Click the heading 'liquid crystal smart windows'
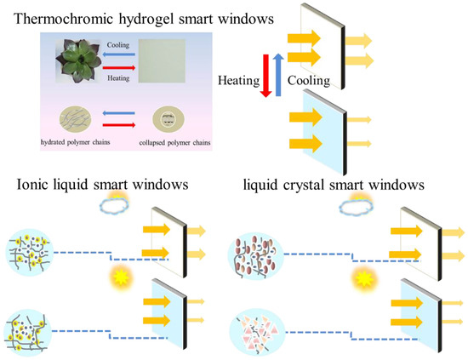click(x=344, y=185)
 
